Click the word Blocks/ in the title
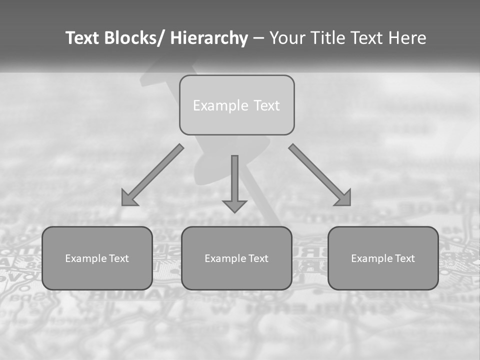click(130, 38)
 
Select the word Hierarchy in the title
click(209, 38)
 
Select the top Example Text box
click(236, 105)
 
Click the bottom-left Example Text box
click(97, 258)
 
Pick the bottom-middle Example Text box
click(236, 258)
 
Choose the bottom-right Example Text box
click(383, 258)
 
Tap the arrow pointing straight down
click(234, 182)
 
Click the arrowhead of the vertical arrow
click(234, 205)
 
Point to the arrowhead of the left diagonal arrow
click(128, 198)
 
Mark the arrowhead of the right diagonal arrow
click(343, 198)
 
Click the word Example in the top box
click(213, 105)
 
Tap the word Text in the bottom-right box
click(404, 258)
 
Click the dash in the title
click(258, 38)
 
